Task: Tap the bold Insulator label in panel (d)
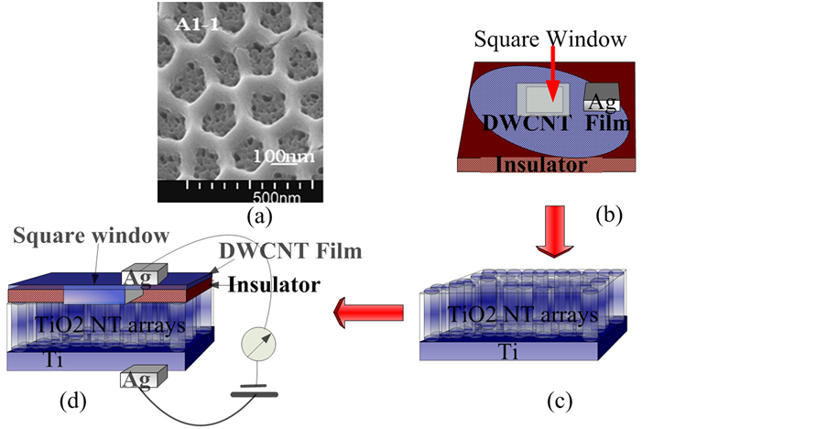[274, 284]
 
